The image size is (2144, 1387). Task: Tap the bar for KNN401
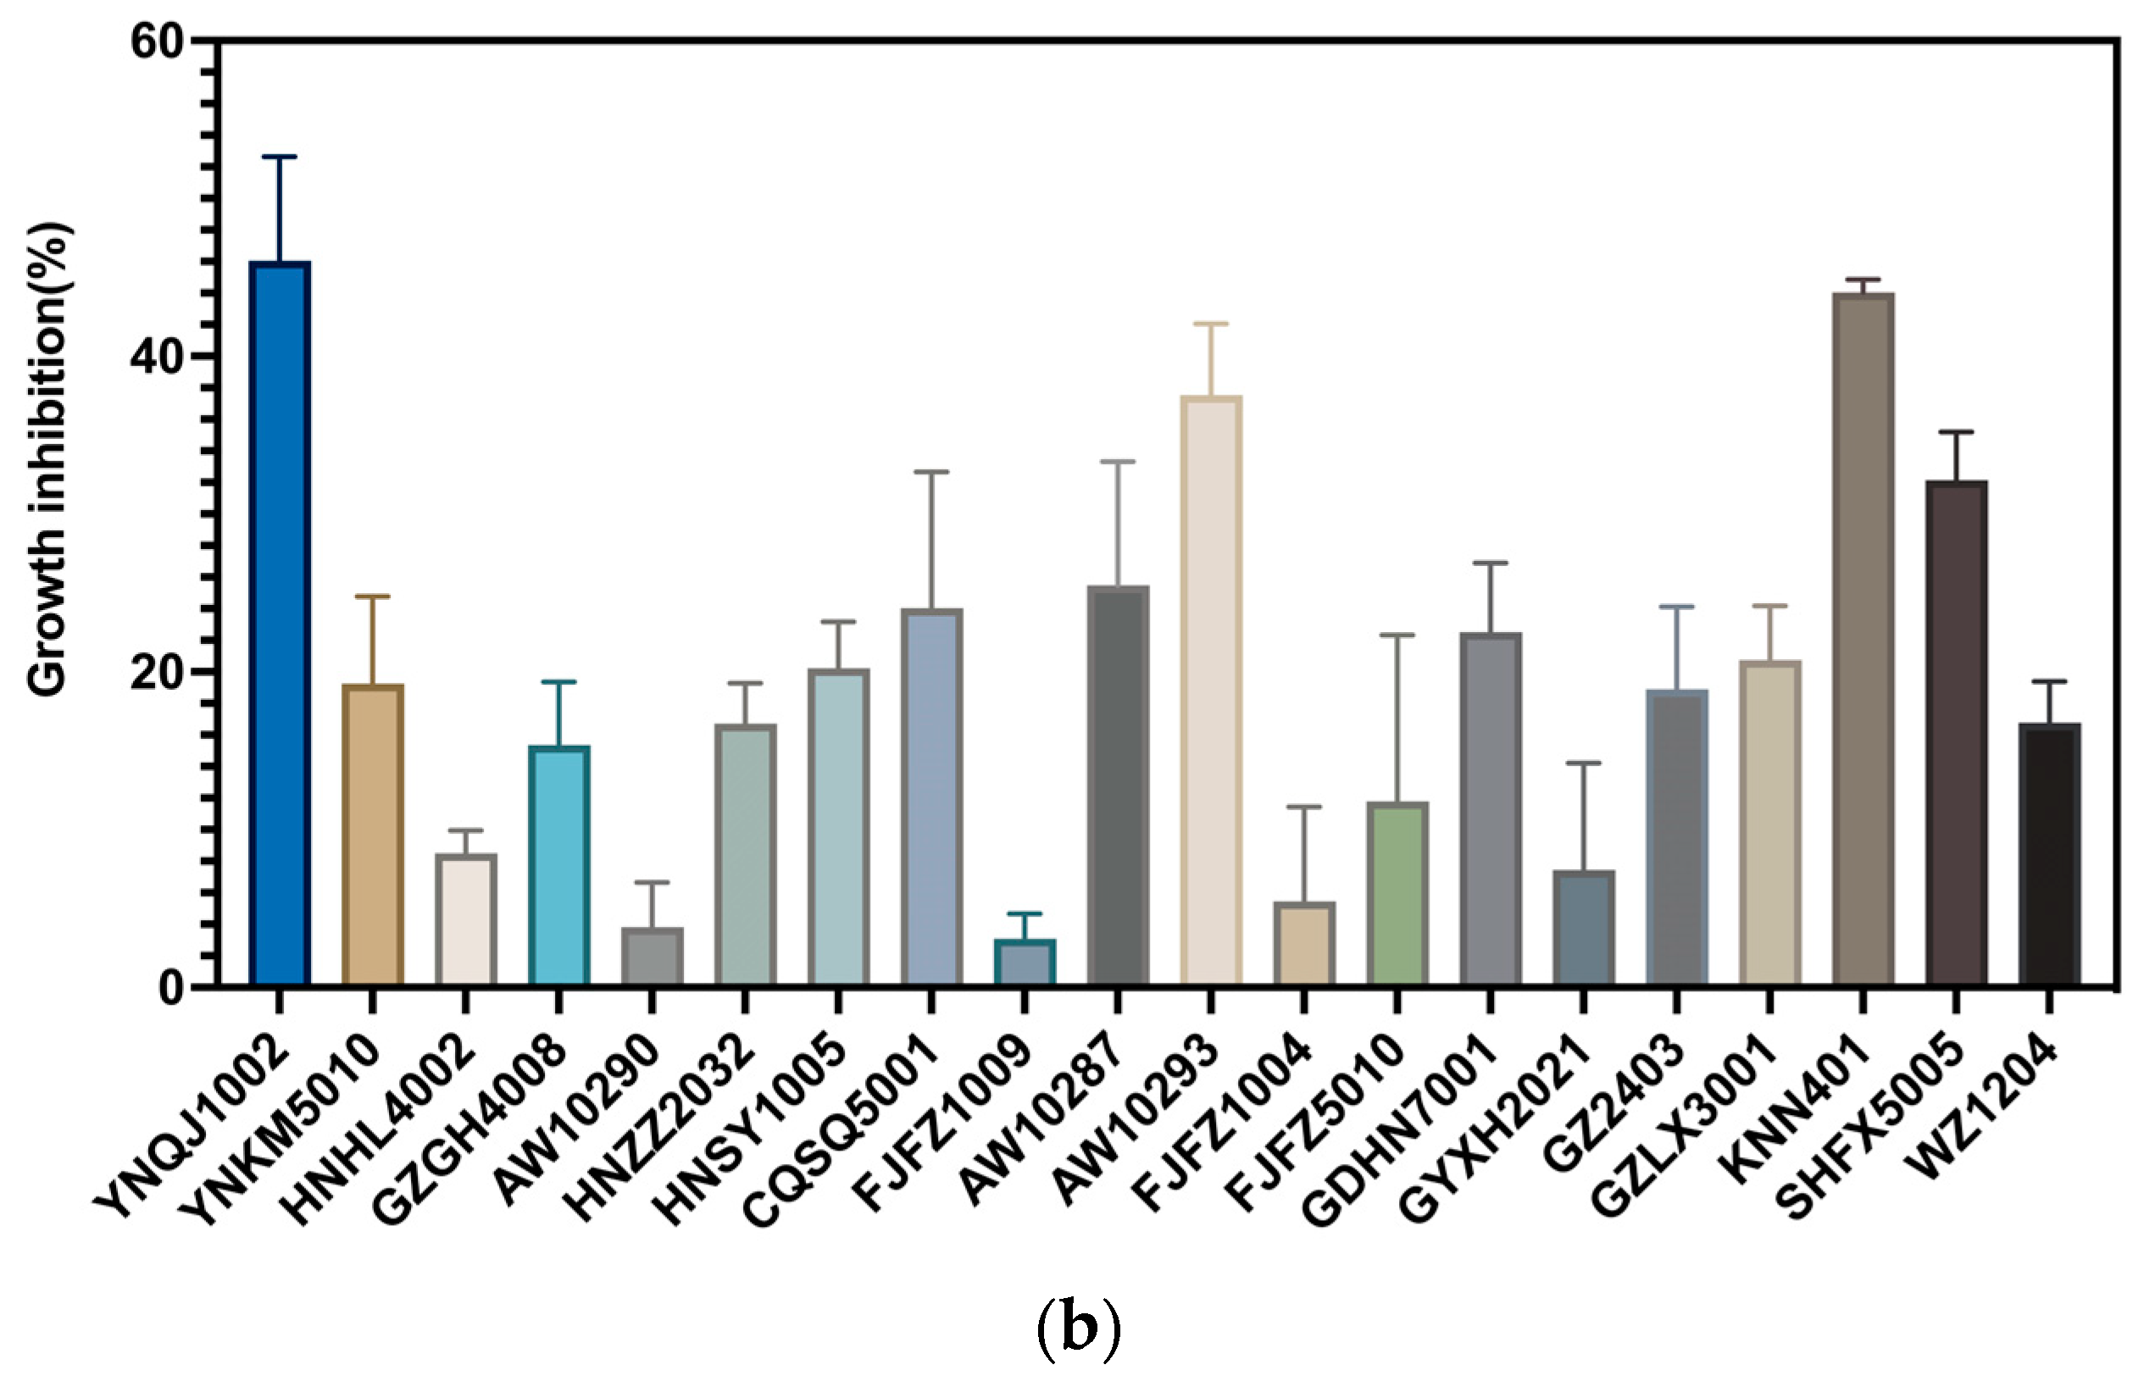tap(1863, 640)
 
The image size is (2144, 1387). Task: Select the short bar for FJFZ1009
tap(1025, 962)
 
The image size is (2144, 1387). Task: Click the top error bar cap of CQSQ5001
tap(931, 472)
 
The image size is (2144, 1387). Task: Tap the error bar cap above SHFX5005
tap(1957, 432)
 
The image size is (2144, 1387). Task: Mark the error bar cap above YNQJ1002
tap(280, 158)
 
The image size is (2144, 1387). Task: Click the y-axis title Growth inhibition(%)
tap(47, 459)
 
